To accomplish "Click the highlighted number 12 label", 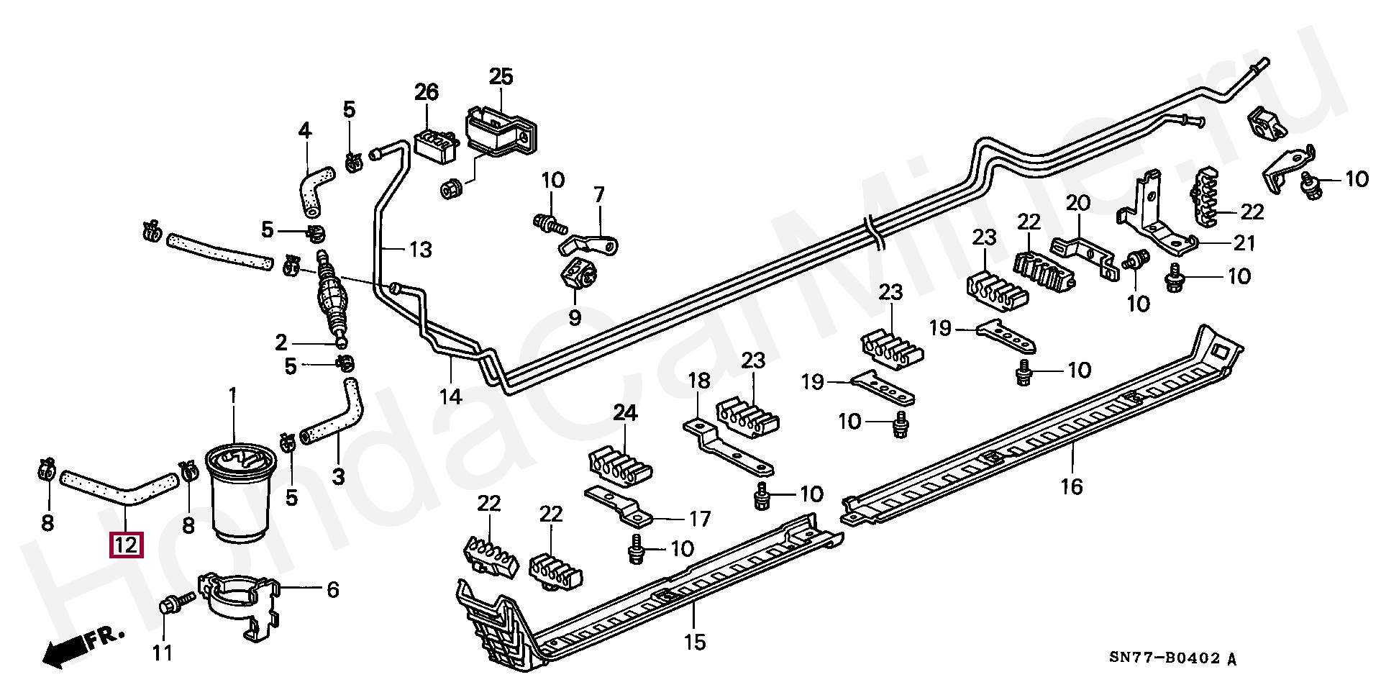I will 125,545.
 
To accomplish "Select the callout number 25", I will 501,77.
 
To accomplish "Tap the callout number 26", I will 427,92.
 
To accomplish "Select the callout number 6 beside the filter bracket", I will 332,590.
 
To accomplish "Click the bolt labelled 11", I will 175,604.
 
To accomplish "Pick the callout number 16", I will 1072,487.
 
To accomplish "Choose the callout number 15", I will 695,642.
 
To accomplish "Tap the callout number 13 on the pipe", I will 421,250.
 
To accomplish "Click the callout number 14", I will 451,396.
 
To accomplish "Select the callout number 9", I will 575,317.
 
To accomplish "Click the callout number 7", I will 599,195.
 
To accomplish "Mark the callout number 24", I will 625,413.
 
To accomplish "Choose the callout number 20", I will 1078,203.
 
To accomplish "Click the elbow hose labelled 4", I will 314,181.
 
